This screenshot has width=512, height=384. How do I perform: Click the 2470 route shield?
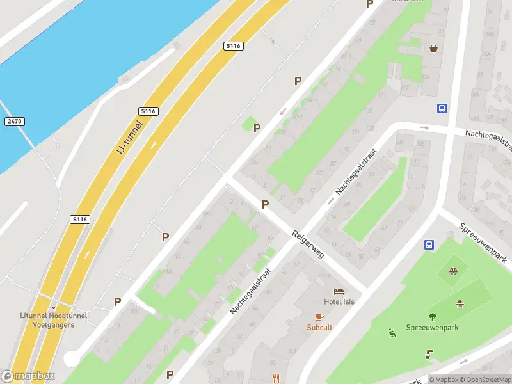click(x=13, y=121)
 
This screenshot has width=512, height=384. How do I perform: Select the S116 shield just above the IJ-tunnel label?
click(x=148, y=111)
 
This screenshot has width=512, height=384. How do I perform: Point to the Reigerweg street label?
click(x=308, y=244)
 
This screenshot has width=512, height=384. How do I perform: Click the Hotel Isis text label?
click(x=339, y=302)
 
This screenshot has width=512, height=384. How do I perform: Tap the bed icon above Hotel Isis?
click(x=339, y=292)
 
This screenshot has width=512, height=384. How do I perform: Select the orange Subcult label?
click(x=319, y=327)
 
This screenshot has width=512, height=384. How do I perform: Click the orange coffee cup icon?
click(x=319, y=317)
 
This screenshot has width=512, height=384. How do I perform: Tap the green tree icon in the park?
click(x=433, y=316)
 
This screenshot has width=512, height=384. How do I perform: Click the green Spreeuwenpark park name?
click(x=433, y=328)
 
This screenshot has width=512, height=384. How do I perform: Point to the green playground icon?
click(x=391, y=332)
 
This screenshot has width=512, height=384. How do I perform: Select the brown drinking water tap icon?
click(x=429, y=354)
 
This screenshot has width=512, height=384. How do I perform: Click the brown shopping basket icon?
click(x=434, y=48)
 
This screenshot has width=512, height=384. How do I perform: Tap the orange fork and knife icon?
click(x=276, y=378)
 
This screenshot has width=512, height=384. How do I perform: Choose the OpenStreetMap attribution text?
click(x=487, y=380)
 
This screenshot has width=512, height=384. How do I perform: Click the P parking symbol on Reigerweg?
click(x=265, y=204)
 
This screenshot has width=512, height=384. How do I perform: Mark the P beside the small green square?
click(x=257, y=128)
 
